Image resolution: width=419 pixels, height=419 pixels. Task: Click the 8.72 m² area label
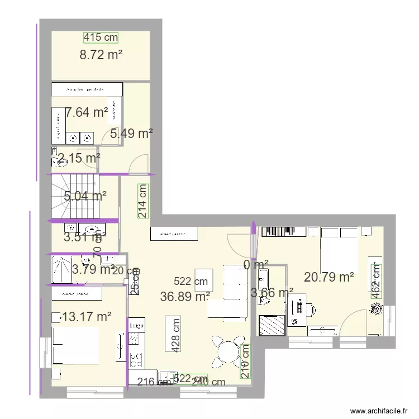point(101,55)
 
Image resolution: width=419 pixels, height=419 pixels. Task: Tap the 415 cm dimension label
point(101,37)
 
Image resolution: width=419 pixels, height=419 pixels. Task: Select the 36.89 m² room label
point(185,297)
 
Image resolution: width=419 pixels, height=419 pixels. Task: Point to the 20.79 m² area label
point(329,277)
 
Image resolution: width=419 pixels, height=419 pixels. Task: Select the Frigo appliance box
point(136,325)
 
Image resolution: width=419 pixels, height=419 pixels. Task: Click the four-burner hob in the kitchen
point(134,339)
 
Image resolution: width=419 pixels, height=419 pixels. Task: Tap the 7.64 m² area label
point(87,112)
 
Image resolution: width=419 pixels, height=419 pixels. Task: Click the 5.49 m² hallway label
point(131,134)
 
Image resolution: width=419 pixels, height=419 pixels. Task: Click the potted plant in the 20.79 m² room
point(376,308)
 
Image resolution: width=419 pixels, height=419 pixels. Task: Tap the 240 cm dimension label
point(208,382)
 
